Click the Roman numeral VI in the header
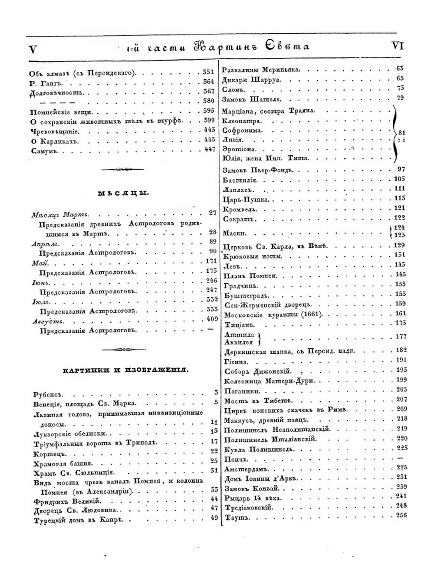(x=398, y=46)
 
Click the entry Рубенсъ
(x=48, y=394)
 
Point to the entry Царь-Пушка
(x=247, y=200)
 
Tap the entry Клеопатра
(x=242, y=121)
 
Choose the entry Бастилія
(x=240, y=180)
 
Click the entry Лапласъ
(x=238, y=190)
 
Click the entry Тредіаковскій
(x=248, y=508)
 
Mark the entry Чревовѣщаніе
(x=55, y=131)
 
